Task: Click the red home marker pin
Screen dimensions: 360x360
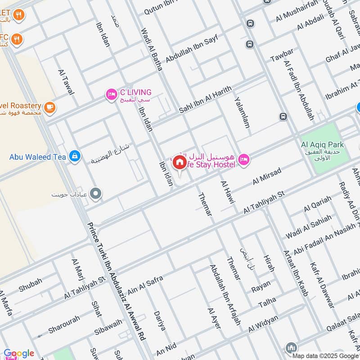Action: coord(179,162)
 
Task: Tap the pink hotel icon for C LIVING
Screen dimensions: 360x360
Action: coord(111,94)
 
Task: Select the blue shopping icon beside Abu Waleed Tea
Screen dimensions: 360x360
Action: coord(75,157)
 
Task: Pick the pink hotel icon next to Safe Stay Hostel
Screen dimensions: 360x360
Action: coord(243,159)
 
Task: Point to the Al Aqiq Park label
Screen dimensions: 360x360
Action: coord(322,145)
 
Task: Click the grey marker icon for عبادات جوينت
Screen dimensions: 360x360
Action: coord(95,194)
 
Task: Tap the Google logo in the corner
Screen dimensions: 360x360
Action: coord(18,353)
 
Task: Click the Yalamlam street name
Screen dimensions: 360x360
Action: coord(241,113)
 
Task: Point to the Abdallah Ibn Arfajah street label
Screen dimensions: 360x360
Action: coord(225,294)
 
